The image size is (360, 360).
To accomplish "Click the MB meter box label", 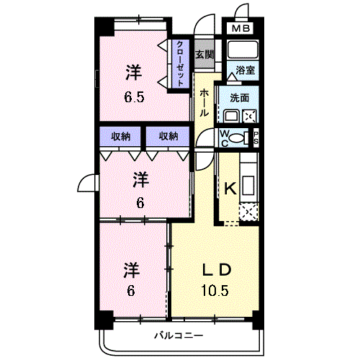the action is (240, 29).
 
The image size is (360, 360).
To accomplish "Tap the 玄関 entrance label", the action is (204, 55).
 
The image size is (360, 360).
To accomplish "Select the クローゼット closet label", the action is (180, 63).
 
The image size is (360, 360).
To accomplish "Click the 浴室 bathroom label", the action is (245, 71).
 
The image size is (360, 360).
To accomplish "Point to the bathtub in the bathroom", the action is (243, 50).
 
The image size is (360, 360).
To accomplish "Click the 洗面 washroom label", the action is (239, 98).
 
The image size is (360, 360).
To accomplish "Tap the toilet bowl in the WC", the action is (236, 138).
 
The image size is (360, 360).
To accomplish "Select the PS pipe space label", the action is (256, 138).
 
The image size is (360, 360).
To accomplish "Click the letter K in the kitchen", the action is (230, 189).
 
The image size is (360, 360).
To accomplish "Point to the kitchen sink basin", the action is (248, 186).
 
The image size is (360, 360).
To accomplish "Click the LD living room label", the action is (217, 269).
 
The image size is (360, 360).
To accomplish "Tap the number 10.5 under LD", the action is (215, 290).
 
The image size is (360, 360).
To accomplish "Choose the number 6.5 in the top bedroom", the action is (134, 97).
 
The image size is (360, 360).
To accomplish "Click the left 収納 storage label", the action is (120, 137).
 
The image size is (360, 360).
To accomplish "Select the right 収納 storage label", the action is (168, 136).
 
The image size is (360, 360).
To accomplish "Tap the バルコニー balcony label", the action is (179, 336).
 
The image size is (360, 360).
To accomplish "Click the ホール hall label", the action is (204, 102).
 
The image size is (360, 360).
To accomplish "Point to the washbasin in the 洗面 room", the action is (231, 116).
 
